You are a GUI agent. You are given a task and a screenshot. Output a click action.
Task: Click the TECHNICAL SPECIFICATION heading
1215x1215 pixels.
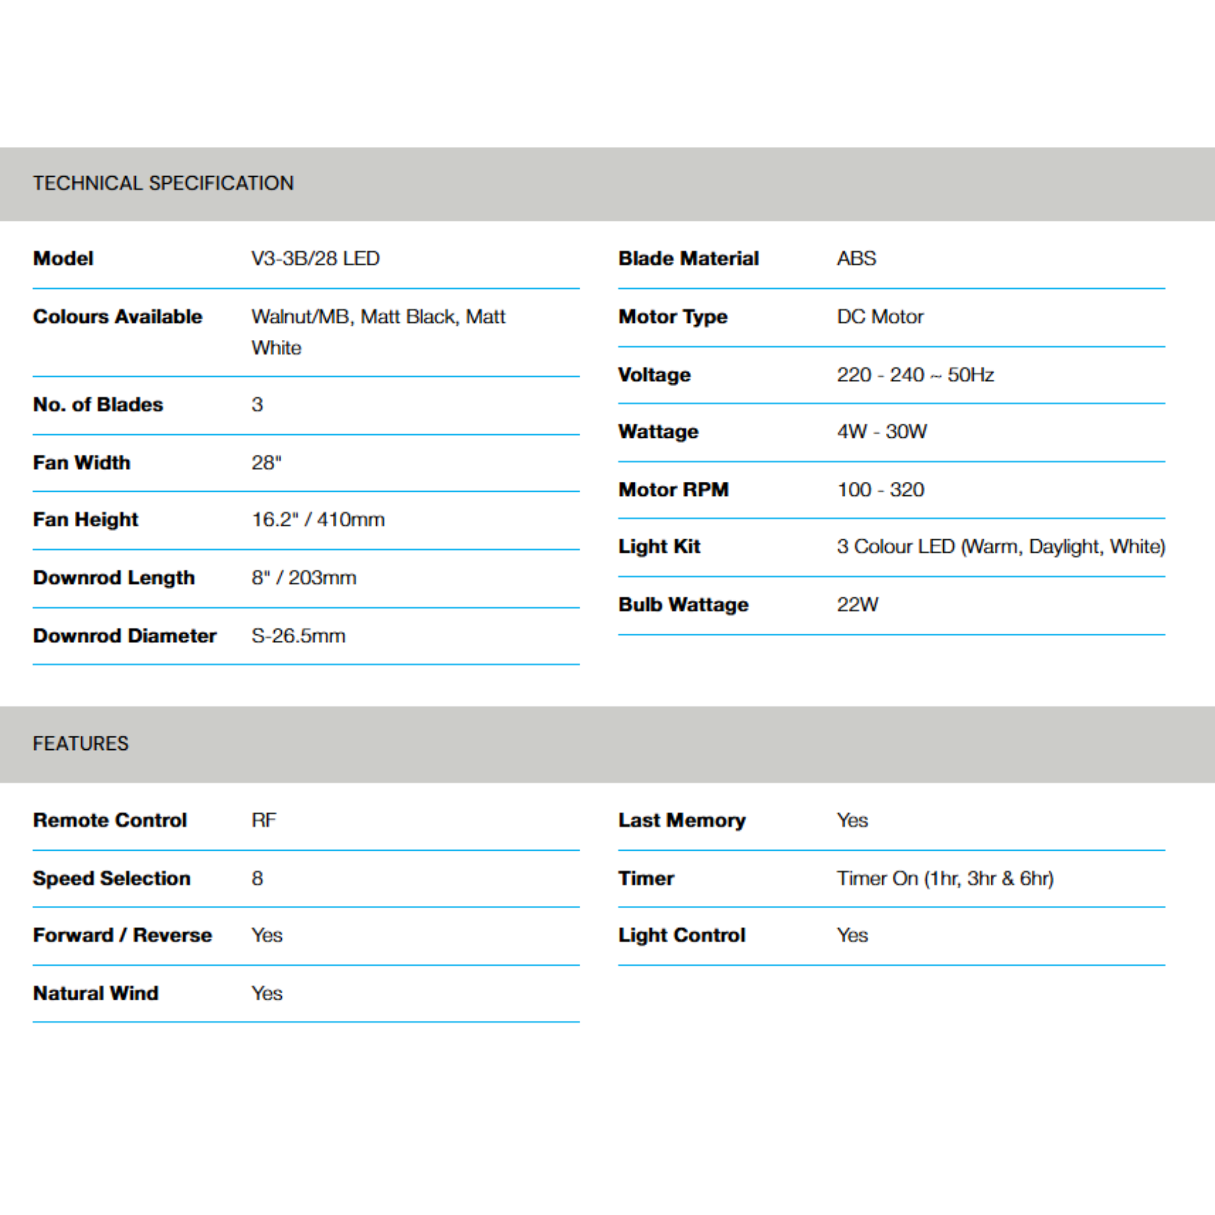(x=163, y=183)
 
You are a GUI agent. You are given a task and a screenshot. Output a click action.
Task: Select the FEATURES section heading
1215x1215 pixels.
(x=81, y=743)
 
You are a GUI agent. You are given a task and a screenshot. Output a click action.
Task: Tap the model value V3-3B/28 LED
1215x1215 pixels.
(x=315, y=259)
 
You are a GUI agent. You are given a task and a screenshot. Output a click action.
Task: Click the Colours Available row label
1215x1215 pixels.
(x=117, y=316)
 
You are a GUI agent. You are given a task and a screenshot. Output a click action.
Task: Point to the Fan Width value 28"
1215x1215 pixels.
(x=266, y=463)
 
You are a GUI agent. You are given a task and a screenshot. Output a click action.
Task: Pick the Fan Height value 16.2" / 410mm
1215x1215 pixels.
(x=317, y=520)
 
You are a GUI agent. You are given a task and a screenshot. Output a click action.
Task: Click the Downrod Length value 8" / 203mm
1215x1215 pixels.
(x=304, y=577)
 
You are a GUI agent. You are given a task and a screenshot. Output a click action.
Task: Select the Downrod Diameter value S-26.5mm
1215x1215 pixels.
(x=298, y=636)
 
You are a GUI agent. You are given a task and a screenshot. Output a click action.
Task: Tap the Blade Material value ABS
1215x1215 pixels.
(x=856, y=259)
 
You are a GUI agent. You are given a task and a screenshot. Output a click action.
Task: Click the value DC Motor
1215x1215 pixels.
(x=880, y=316)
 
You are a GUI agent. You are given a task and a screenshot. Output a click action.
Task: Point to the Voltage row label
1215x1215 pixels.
(x=654, y=375)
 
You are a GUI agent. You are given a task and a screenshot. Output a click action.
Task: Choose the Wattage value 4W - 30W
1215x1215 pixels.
(x=881, y=431)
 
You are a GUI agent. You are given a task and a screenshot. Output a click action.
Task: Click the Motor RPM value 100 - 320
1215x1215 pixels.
(x=880, y=489)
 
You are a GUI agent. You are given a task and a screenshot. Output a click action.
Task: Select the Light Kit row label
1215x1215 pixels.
(x=659, y=546)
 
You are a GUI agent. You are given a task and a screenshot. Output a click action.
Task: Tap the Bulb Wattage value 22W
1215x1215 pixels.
(x=857, y=605)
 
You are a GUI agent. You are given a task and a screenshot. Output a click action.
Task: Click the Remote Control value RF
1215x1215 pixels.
(x=263, y=820)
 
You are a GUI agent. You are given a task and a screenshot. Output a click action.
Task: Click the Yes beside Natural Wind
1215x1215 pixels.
(x=266, y=993)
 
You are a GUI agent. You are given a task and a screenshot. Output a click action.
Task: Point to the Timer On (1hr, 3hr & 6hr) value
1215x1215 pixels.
(x=944, y=878)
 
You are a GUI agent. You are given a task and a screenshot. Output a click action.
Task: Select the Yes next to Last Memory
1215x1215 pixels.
(x=852, y=820)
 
